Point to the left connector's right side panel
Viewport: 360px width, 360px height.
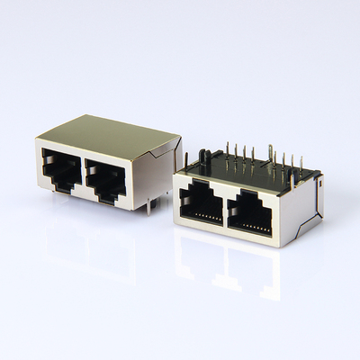(157, 175)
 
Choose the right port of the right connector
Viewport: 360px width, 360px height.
(249, 214)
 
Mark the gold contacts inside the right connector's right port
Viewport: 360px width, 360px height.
(252, 226)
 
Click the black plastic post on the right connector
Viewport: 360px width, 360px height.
(204, 160)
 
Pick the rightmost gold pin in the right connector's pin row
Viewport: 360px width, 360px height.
(299, 164)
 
